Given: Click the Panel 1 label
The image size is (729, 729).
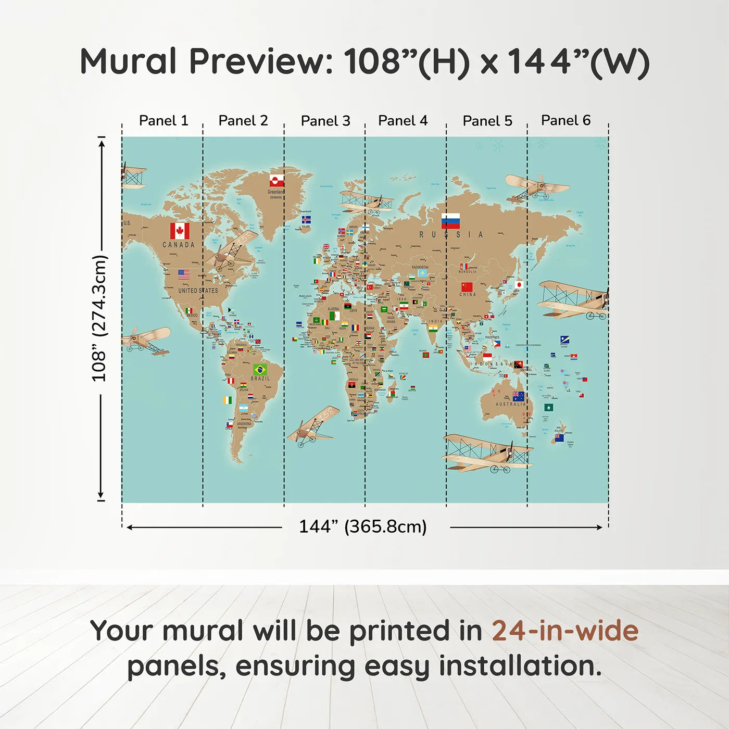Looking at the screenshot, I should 163,121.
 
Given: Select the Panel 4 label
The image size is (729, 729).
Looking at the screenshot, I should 403,121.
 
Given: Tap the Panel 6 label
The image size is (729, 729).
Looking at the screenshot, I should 565,121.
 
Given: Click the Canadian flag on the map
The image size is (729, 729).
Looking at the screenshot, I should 180,231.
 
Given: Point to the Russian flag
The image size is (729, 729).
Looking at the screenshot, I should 450,221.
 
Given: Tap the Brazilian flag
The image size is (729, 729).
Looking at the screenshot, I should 260,370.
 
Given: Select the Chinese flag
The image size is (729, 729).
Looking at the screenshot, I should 467,287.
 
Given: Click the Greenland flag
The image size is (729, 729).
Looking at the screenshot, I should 276,181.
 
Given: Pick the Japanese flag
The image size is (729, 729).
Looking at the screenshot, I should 519,285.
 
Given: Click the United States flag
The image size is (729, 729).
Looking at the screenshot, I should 184,274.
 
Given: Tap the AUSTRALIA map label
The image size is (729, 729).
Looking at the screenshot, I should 510,404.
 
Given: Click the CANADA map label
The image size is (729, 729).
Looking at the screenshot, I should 179,245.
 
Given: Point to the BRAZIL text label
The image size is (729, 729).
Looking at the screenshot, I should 260,379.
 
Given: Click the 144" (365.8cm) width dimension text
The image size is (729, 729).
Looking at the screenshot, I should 362,526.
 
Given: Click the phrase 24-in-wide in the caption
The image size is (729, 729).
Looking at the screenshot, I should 565,631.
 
